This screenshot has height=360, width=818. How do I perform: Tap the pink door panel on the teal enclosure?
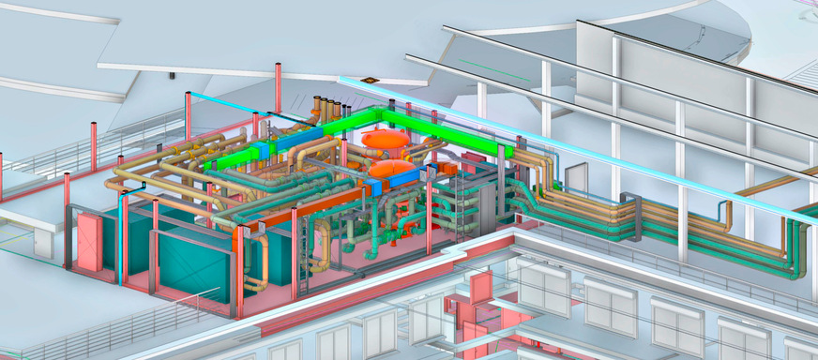coord(90,242)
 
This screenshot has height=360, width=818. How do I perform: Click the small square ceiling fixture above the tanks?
coord(370,82)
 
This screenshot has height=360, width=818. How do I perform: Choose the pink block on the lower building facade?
coord(481,287)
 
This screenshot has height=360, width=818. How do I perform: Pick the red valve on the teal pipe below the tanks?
coord(404,228)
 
